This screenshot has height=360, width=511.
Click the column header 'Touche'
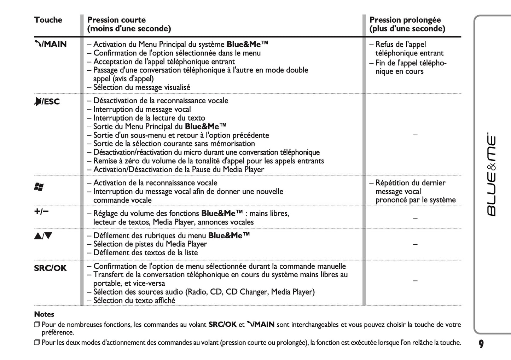coord(48,20)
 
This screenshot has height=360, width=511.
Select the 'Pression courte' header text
coord(116,20)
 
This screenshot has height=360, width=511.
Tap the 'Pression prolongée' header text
coord(405,20)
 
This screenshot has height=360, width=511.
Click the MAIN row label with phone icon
coord(50,44)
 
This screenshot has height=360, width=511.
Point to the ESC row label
coord(47,102)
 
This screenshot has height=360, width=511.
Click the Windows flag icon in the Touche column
coord(39,187)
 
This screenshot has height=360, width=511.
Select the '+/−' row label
coord(41,212)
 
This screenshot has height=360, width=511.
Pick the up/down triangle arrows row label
coord(43,236)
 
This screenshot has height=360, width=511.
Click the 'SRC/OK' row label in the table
coord(50,268)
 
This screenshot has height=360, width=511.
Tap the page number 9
coord(481,344)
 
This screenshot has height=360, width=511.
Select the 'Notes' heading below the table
coord(44,314)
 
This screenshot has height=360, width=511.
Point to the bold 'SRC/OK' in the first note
coord(222,324)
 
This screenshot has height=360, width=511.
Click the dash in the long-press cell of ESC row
coord(415,134)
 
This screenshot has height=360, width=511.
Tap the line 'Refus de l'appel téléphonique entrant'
coord(406,49)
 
